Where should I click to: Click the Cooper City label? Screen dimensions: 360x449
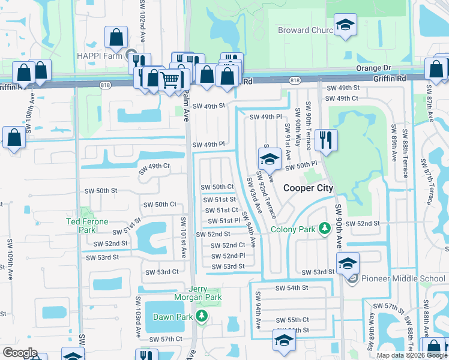[308, 188]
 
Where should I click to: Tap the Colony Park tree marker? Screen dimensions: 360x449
[325, 229]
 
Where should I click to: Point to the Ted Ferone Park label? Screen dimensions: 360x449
[88, 226]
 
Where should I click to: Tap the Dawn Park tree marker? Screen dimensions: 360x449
[202, 316]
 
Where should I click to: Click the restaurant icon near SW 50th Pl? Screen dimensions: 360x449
[326, 140]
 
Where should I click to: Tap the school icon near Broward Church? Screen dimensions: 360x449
[345, 25]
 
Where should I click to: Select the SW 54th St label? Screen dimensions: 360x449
[291, 288]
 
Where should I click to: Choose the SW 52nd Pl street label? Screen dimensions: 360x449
[228, 256]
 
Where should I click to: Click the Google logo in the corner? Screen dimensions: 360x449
[20, 353]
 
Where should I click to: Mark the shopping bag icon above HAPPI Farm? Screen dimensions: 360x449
[116, 38]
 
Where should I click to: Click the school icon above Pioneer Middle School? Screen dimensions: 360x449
[348, 263]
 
